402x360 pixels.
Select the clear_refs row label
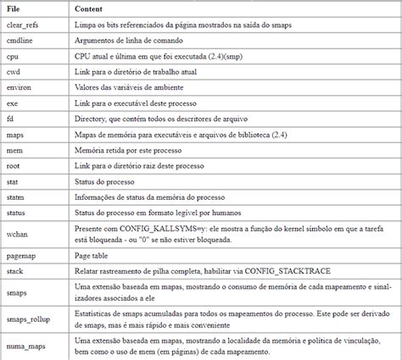pyautogui.click(x=23, y=25)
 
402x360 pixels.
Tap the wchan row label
pyautogui.click(x=17, y=233)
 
